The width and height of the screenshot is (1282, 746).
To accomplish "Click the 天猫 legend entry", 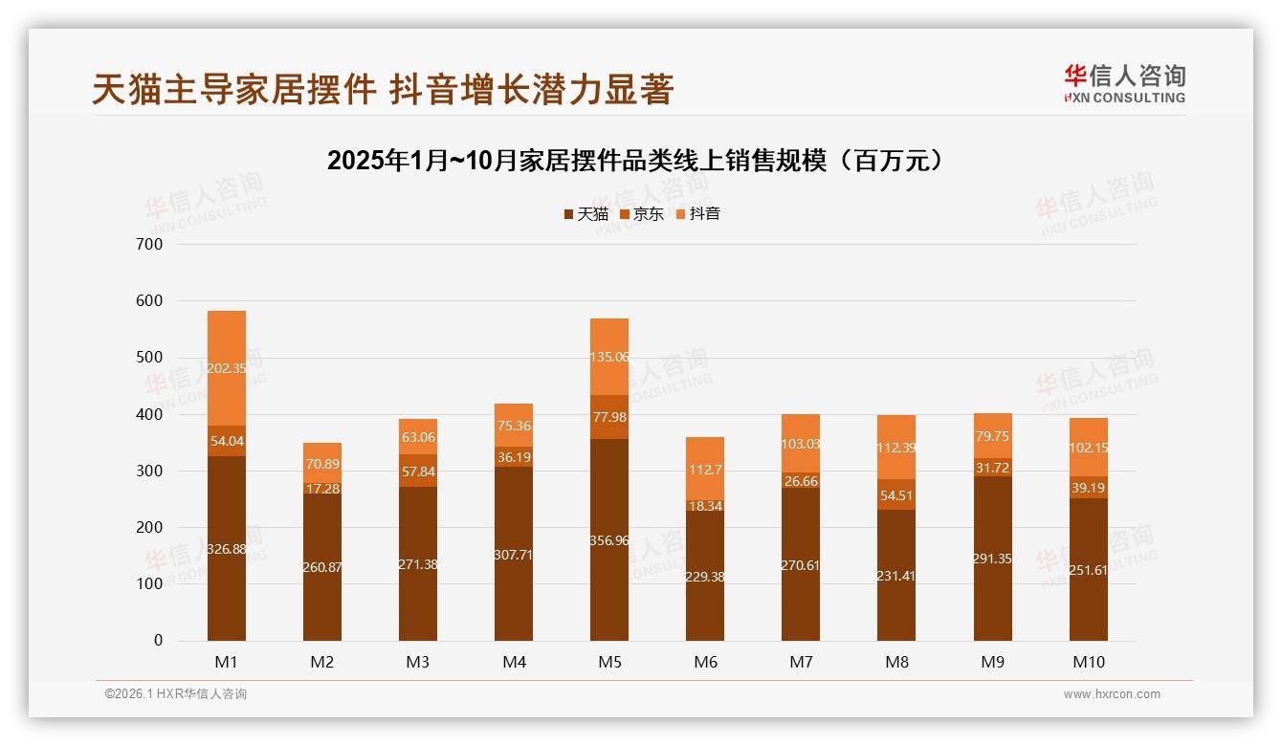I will pos(586,214).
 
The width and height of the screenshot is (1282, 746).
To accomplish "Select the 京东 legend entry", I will pos(642,214).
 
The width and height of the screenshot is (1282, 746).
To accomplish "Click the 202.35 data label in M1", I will pos(227,368).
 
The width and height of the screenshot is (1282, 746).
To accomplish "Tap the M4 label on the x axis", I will pos(514,662).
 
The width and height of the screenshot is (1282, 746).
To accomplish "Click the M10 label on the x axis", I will pos(1088,662).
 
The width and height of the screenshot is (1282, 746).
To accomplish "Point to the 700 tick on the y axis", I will pos(150,245).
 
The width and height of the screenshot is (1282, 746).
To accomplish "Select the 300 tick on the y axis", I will pos(150,472).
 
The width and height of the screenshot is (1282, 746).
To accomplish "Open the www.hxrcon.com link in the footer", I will pos(1112,694).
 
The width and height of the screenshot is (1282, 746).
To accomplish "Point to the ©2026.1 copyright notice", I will pos(176,694).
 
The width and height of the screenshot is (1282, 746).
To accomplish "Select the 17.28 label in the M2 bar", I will pos(322,489).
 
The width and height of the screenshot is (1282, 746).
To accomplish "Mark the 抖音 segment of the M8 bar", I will pos(896,447).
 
